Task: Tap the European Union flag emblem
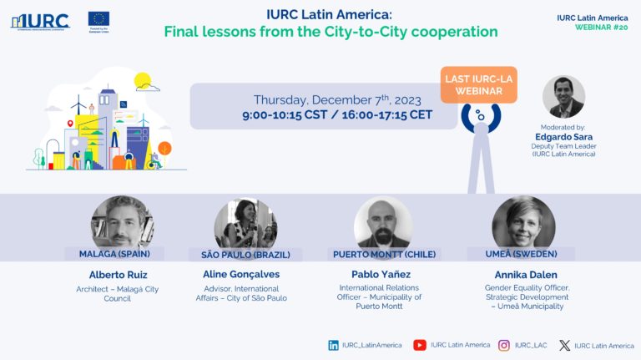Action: (98, 18)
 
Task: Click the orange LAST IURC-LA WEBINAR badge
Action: (479, 85)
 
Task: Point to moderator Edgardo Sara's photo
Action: (563, 97)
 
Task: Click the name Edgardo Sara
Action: (563, 137)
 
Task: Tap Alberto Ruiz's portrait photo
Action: (122, 222)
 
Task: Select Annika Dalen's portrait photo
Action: (523, 222)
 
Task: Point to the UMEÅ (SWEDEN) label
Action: (522, 253)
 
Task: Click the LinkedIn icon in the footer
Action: (334, 345)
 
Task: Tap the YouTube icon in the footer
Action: (420, 345)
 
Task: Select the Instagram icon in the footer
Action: (504, 345)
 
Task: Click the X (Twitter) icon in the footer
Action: (564, 345)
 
